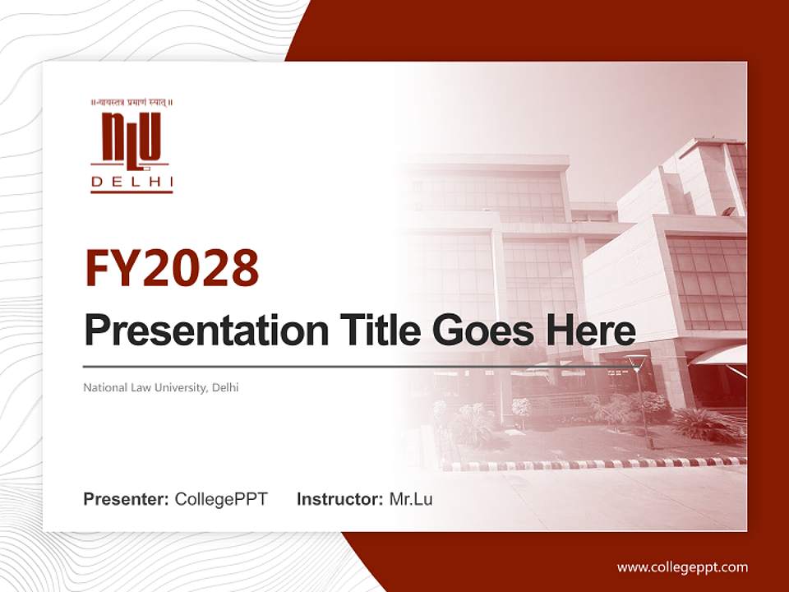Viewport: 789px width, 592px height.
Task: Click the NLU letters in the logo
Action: (x=131, y=137)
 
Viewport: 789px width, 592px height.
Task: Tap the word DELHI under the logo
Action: (x=131, y=182)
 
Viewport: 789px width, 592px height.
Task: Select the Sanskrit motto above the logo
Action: (x=131, y=103)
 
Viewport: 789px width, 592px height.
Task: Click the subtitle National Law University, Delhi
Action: (x=161, y=387)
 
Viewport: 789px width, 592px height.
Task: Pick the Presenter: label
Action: (x=127, y=499)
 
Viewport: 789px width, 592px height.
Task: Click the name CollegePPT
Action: (x=221, y=499)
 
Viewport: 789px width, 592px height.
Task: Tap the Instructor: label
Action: (x=339, y=499)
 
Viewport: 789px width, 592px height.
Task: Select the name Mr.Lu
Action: (x=411, y=499)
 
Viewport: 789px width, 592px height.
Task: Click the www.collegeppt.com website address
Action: (x=682, y=567)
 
